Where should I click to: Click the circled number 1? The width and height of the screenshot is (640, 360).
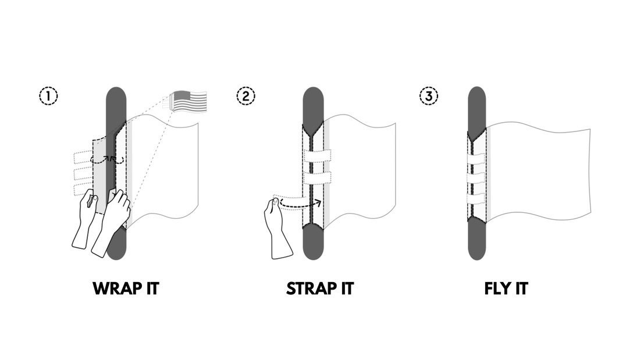click(x=48, y=97)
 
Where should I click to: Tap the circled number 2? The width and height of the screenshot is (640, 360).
click(x=246, y=97)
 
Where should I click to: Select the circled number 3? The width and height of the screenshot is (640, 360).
click(x=429, y=97)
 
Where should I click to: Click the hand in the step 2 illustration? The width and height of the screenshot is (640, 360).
click(x=278, y=227)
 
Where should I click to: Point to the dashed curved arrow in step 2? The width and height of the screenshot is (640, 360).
click(x=301, y=203)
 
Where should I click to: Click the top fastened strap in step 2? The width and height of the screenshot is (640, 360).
click(x=318, y=156)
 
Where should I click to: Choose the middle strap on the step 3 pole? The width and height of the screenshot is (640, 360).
click(x=476, y=178)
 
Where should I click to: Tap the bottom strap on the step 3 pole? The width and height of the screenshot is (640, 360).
click(x=476, y=199)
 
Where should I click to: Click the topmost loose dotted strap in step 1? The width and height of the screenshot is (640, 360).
click(x=84, y=157)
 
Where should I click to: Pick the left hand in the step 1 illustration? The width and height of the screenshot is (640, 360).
click(x=86, y=219)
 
